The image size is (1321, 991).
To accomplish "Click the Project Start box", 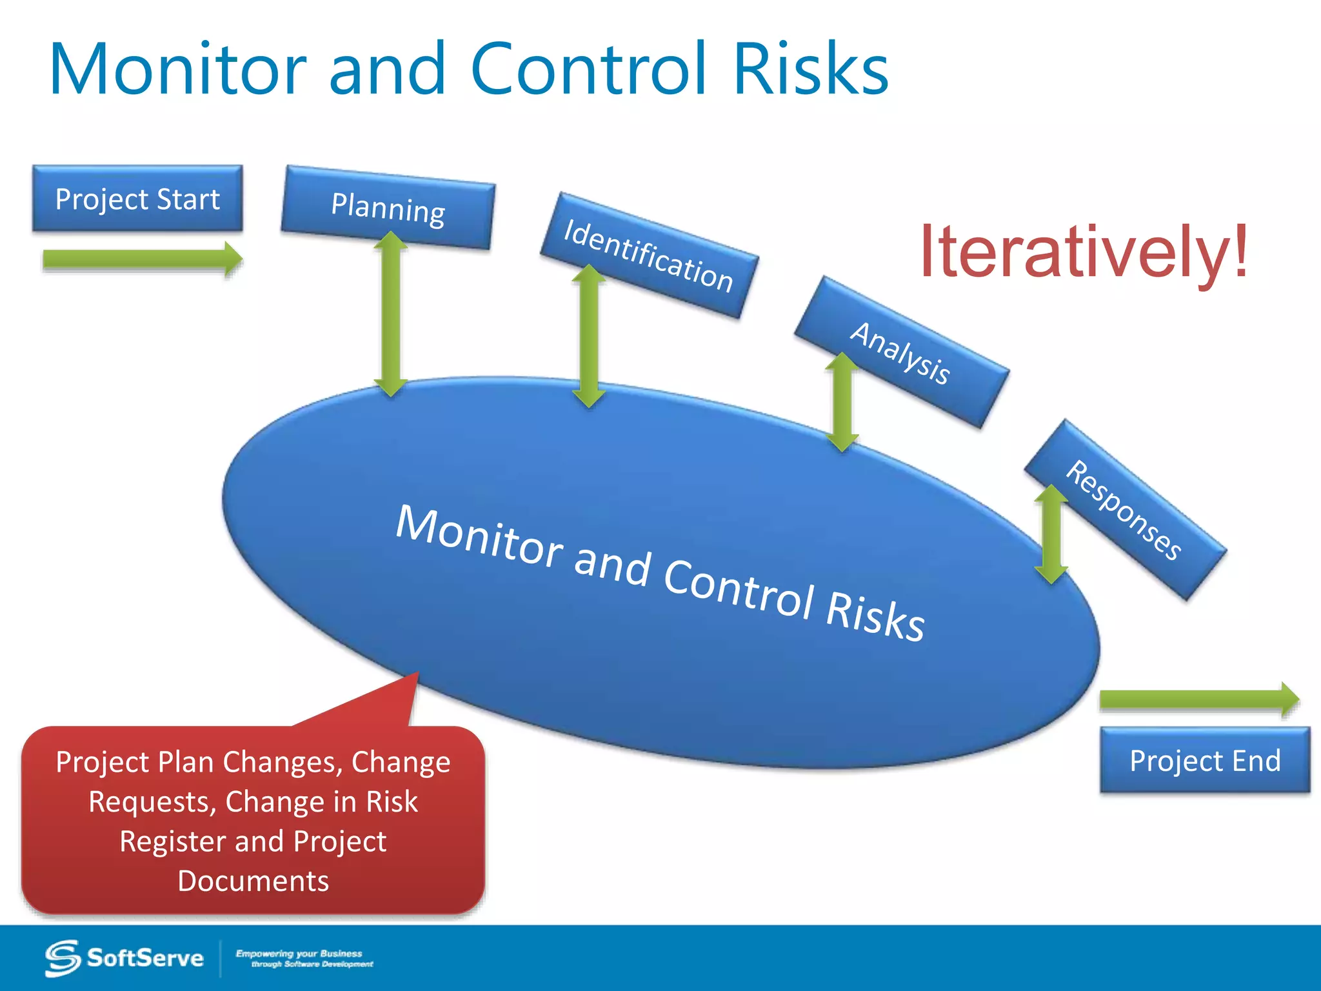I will coord(137,199).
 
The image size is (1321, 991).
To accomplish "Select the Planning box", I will coord(388,208).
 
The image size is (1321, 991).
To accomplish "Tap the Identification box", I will coord(649,255).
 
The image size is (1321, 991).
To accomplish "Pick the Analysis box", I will coord(901,352).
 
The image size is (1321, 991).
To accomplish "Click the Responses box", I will coord(1125,510).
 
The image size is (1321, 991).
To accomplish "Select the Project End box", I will coord(1205,760).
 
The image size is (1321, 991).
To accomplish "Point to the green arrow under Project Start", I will coord(142,259).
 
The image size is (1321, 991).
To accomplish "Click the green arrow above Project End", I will coord(1198,699).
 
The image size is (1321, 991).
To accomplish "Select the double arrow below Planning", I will coord(391,314).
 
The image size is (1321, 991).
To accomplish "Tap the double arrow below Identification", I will coord(589,336).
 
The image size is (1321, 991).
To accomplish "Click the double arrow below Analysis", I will coord(842,401).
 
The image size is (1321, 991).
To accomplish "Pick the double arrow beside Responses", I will coord(1051,534).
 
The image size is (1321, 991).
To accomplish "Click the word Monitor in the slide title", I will coord(178,70).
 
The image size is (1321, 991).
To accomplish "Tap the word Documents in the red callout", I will coord(253,881).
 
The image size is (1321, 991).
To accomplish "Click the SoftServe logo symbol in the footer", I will coord(63,958).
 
